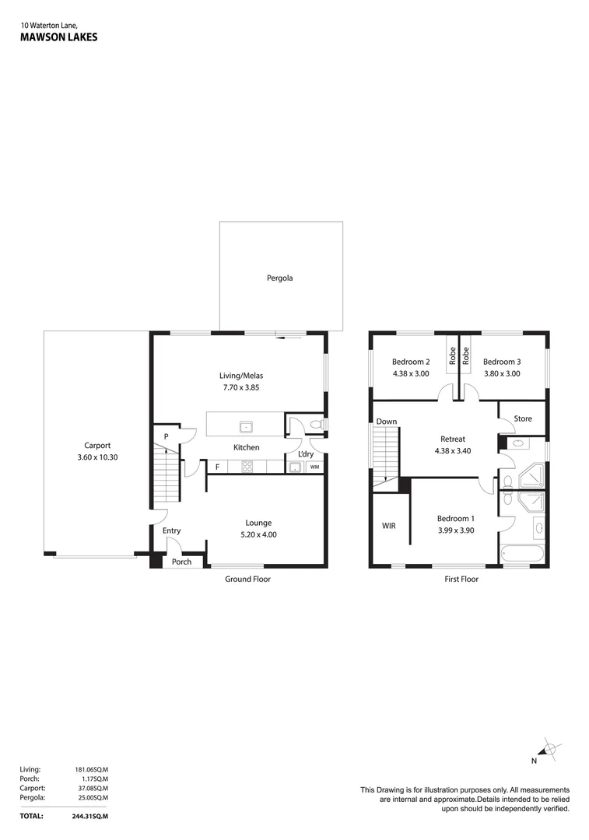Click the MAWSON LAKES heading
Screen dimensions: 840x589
[58, 36]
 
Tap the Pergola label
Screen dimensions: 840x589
[280, 278]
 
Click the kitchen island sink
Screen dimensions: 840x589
[246, 425]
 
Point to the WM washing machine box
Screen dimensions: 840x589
[314, 467]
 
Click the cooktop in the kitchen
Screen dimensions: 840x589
[248, 467]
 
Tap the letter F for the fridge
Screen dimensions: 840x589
[217, 467]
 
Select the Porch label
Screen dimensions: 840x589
[181, 562]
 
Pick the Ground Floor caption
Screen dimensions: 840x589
[247, 579]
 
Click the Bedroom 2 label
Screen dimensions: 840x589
[411, 362]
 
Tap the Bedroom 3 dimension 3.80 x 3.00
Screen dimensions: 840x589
[501, 373]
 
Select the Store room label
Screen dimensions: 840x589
[522, 418]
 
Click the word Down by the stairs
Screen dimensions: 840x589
[387, 422]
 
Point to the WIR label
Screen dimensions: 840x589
[388, 526]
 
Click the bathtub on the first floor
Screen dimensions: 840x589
[523, 555]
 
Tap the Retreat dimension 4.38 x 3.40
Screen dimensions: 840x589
[452, 450]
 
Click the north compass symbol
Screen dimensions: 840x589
[549, 749]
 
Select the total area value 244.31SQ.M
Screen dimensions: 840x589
[92, 816]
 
